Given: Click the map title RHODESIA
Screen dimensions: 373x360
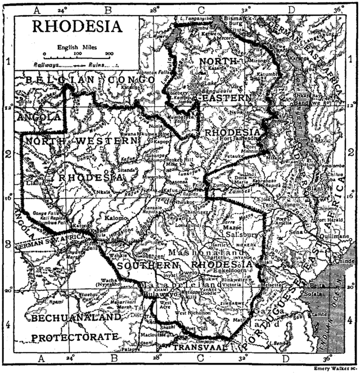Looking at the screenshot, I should coord(77,26).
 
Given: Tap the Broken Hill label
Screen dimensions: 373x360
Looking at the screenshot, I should coord(182,158).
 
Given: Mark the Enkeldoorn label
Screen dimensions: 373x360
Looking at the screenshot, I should coord(242,269).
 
